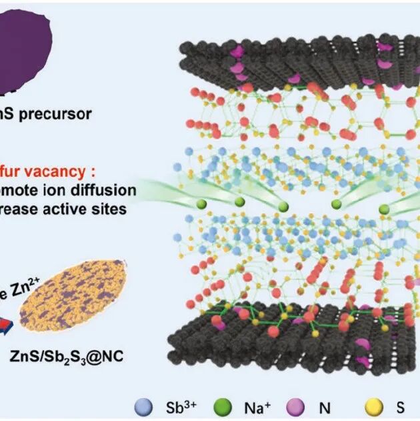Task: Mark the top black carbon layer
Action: coord(293,63)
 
